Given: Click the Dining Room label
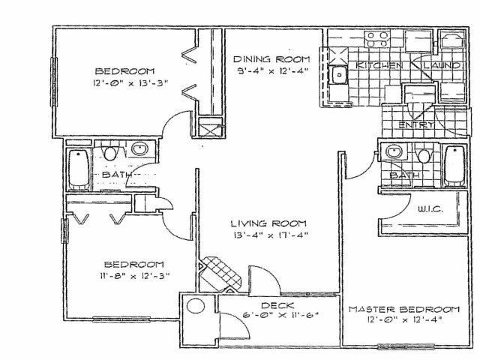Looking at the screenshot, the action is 271,59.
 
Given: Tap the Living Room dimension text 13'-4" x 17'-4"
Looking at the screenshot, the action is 270,235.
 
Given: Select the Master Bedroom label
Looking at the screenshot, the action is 404,309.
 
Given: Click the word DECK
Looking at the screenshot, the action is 277,305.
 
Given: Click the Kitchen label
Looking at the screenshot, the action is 379,65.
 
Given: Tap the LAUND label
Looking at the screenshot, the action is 441,65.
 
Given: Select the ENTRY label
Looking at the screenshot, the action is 417,125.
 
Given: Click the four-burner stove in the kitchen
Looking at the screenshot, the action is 376,39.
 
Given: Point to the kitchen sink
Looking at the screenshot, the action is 338,74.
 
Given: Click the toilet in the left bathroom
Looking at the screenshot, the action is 110,153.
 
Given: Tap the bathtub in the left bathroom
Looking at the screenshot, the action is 79,169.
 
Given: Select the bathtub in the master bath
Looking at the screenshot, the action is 454,166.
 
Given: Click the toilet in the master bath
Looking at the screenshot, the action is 424,155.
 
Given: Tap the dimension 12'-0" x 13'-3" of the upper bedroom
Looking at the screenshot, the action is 130,83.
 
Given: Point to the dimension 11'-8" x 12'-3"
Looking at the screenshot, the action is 135,276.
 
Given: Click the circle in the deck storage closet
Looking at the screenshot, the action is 196,306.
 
